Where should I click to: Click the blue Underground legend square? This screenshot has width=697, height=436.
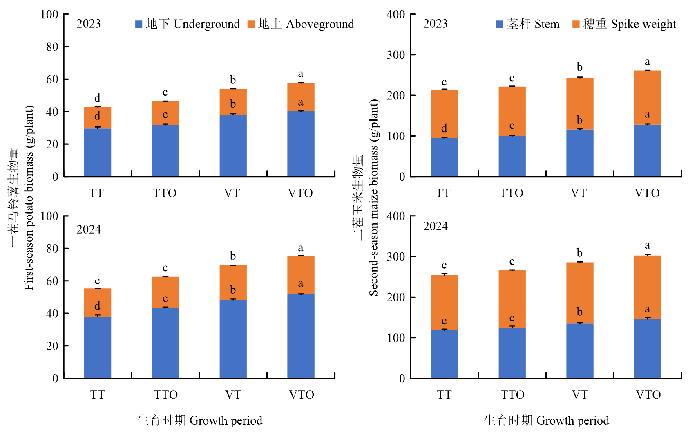[x=139, y=25]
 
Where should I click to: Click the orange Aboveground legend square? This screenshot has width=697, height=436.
[x=251, y=25]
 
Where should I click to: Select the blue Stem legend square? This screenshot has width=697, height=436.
[x=499, y=25]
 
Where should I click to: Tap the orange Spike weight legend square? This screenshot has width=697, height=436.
[x=576, y=25]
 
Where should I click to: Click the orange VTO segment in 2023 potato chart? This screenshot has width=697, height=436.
[x=301, y=97]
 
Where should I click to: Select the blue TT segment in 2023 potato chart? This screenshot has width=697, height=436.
[x=98, y=153]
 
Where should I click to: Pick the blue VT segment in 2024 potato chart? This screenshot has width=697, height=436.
[x=233, y=339]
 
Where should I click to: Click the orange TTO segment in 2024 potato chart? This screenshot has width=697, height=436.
[x=165, y=292]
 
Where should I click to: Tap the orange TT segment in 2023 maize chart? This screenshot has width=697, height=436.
[x=445, y=113]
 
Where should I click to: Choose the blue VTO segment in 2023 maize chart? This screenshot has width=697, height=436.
[x=648, y=151]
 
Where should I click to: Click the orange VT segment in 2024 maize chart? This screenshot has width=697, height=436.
[x=580, y=292]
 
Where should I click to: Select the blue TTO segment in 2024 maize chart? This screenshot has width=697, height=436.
[x=512, y=353]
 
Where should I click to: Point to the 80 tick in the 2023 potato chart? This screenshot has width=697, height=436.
[x=52, y=47]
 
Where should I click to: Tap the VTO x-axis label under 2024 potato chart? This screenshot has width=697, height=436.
[x=302, y=395]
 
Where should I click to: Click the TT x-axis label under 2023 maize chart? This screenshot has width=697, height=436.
[x=443, y=193]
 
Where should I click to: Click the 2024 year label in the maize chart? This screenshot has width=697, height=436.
[x=435, y=227]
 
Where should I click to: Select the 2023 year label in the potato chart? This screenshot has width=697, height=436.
[x=88, y=24]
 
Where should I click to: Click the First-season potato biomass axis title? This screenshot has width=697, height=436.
[x=29, y=198]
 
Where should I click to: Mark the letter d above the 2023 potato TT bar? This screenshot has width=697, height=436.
[x=97, y=98]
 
